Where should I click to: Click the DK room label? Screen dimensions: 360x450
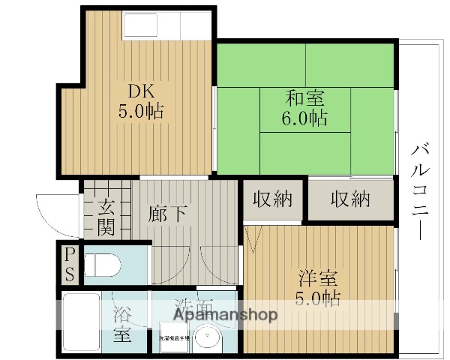point(140,92)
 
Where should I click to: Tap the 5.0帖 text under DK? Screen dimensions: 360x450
point(140,112)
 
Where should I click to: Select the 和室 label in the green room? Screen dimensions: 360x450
point(305,98)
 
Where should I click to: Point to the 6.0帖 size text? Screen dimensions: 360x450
point(305,118)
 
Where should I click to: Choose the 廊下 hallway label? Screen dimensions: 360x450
point(168,213)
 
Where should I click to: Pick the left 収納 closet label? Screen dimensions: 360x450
point(272,199)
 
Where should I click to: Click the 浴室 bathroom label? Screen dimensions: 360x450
point(122,324)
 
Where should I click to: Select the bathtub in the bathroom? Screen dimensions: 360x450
point(81,322)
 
